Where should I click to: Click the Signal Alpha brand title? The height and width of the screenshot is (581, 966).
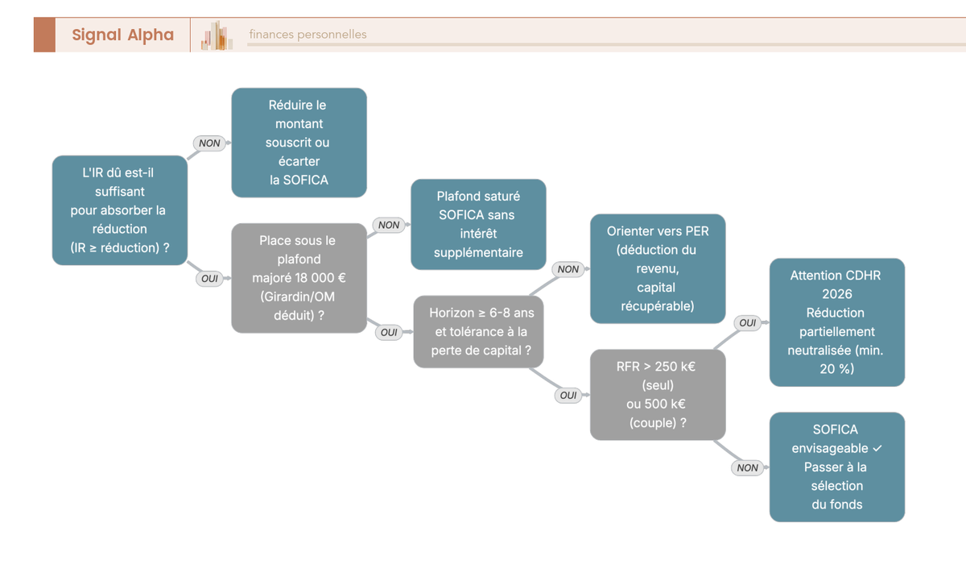(123, 35)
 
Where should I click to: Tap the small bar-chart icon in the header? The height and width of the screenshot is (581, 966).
(217, 35)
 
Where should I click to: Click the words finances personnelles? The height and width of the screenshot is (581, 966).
(308, 34)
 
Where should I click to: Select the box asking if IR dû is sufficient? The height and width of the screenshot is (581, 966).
(120, 210)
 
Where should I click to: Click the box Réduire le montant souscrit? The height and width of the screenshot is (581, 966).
(299, 143)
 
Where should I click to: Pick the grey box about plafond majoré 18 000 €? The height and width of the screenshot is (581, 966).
(299, 278)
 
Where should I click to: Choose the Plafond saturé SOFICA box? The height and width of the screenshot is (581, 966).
(478, 225)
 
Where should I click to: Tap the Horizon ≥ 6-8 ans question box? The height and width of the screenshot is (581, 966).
(478, 331)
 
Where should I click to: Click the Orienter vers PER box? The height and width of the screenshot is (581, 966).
(658, 268)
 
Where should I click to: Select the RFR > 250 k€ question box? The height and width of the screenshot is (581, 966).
(658, 395)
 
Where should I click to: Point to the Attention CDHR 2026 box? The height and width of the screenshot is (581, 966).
(837, 322)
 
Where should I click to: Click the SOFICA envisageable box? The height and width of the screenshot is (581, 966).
(837, 467)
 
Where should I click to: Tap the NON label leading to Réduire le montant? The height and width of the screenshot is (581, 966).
(209, 143)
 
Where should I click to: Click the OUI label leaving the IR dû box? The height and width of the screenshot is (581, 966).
(209, 279)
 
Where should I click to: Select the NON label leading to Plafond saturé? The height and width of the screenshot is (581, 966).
(389, 225)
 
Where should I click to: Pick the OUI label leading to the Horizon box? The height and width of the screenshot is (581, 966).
(389, 332)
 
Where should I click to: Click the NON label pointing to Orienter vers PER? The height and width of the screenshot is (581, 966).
(568, 269)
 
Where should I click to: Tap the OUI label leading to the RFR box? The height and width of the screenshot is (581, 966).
(568, 395)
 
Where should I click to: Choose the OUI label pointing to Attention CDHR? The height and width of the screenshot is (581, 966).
(747, 323)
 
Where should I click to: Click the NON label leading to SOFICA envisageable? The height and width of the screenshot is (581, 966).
(747, 467)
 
